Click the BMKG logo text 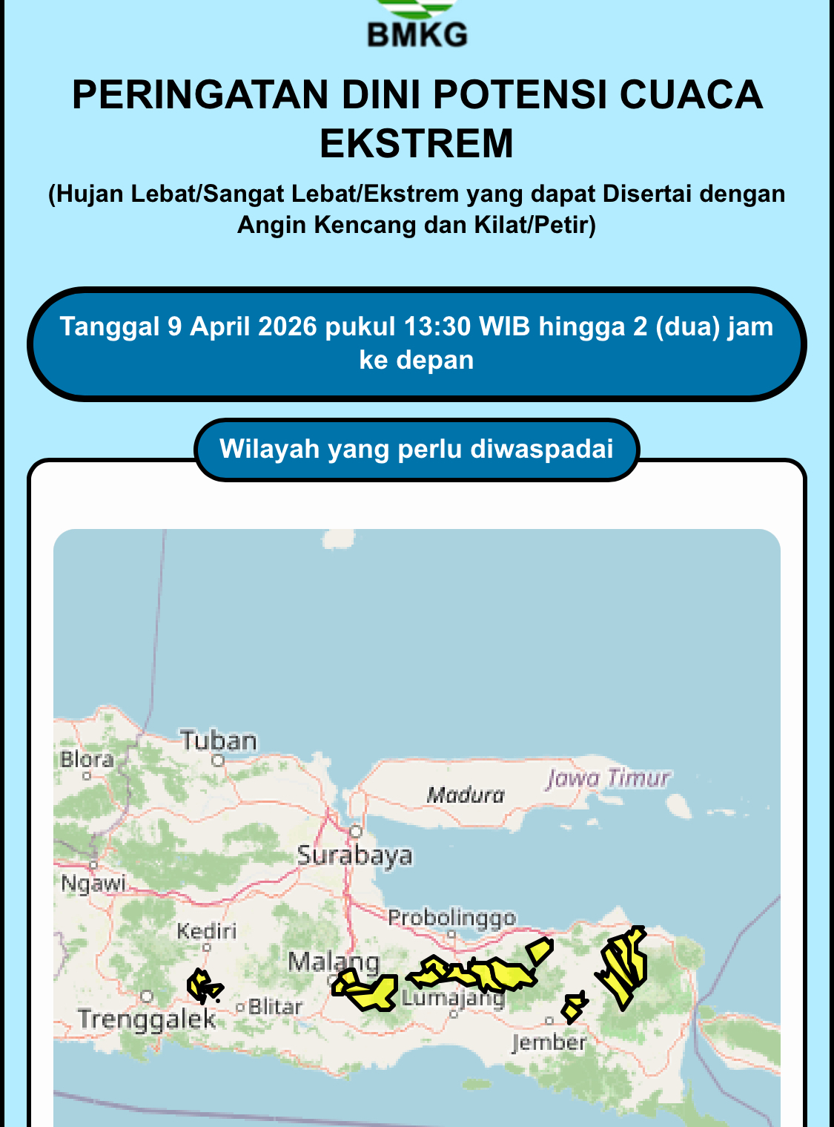(417, 35)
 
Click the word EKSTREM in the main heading (417, 143)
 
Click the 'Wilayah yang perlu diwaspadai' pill (417, 449)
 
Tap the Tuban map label (219, 740)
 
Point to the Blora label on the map (87, 759)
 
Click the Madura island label (465, 795)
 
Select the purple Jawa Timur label (608, 778)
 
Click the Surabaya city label (354, 855)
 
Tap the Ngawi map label (93, 884)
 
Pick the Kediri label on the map (206, 930)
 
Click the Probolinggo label (451, 918)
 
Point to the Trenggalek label (147, 1019)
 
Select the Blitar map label (275, 1007)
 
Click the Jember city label (549, 1042)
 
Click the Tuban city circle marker (218, 760)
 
